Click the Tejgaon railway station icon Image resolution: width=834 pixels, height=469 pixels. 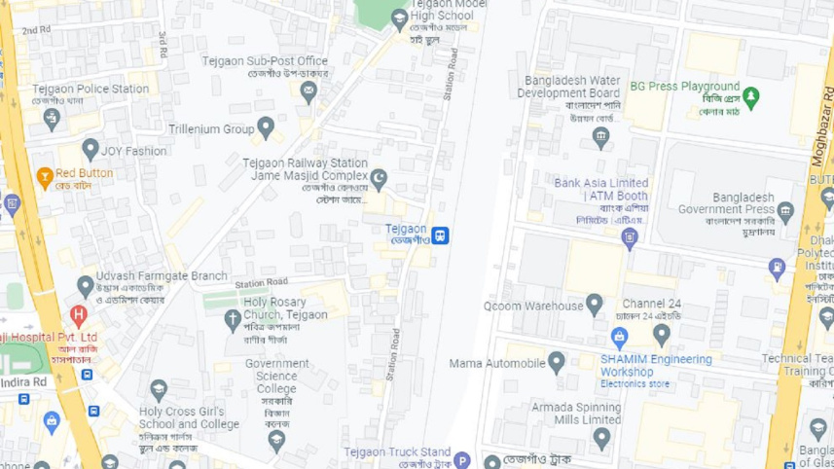(441, 234)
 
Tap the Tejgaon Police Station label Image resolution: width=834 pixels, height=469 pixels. (91, 89)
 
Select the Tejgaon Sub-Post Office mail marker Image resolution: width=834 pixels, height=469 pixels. (309, 92)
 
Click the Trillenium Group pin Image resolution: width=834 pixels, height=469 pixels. (266, 127)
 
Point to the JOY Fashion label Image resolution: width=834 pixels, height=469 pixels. (134, 151)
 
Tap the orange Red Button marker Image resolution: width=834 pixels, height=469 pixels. (44, 177)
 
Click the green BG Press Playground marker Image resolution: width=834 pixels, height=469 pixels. (751, 96)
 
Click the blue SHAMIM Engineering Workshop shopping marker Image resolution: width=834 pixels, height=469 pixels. (619, 337)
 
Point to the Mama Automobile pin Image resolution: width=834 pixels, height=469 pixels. (557, 363)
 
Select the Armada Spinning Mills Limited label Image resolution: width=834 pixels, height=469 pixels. (576, 414)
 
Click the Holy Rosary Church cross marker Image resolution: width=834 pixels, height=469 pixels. (233, 318)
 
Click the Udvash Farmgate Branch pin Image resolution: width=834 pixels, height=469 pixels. (86, 286)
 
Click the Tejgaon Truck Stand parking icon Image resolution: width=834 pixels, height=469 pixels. (463, 460)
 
